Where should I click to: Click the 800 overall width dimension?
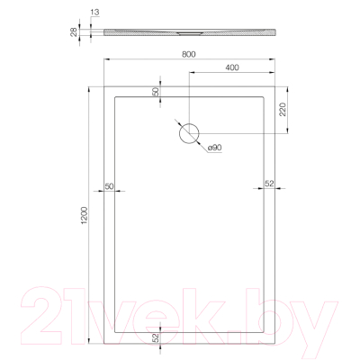188,55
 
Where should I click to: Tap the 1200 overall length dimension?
82,217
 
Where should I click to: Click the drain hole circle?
189,133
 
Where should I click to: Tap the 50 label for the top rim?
155,92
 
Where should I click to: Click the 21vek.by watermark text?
180,310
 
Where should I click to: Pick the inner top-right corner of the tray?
265,96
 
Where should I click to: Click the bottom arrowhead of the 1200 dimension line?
89,345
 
